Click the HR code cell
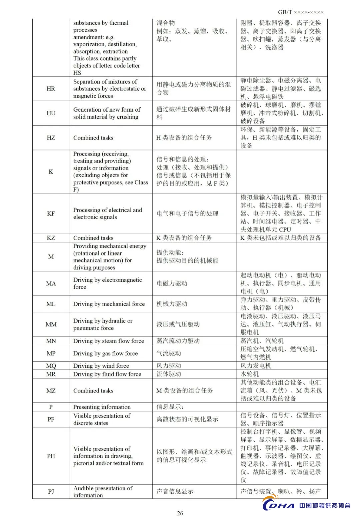(51, 89)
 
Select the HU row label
(51, 113)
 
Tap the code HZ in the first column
(51, 138)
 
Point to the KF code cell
(51, 214)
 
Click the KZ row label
(51, 238)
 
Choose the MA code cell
(51, 283)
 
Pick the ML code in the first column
(51, 304)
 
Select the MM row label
(51, 324)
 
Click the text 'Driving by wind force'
(101, 366)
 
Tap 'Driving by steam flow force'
(109, 341)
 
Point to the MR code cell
(51, 374)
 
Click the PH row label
(51, 456)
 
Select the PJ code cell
(51, 491)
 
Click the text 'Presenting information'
(102, 407)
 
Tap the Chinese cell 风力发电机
(256, 366)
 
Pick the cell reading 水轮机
(249, 374)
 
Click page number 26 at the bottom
(180, 513)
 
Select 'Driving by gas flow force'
(105, 353)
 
